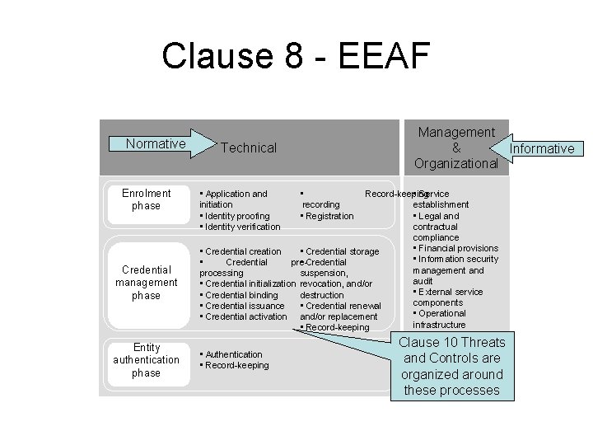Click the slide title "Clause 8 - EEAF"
(x=296, y=56)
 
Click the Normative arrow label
(x=156, y=144)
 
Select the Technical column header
(x=249, y=148)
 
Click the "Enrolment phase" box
(x=146, y=199)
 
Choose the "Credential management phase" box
(x=146, y=282)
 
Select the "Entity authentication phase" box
(x=146, y=360)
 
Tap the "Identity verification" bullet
(x=240, y=227)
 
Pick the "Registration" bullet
(x=328, y=216)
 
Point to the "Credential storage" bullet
(x=340, y=251)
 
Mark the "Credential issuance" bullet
(x=243, y=306)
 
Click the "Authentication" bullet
(x=234, y=354)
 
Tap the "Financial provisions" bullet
(x=458, y=248)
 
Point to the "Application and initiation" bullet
(x=234, y=199)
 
